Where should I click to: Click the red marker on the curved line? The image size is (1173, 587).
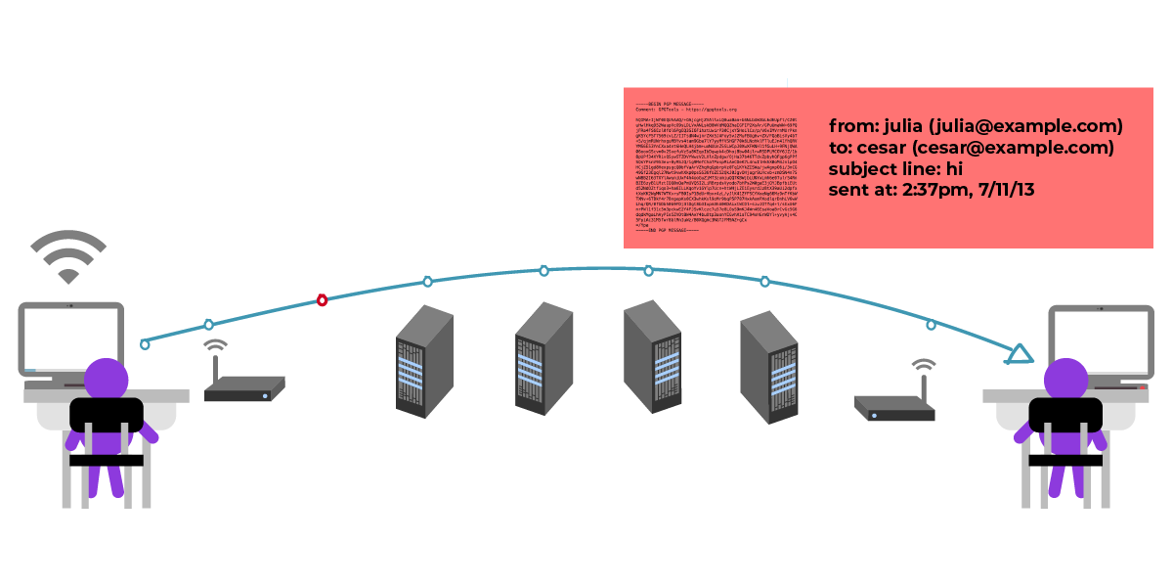322,299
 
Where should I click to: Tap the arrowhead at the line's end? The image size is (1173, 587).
1020,354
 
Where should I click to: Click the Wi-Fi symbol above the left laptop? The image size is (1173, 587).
68,256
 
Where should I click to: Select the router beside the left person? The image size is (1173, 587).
244,389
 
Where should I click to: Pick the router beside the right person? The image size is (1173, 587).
894,407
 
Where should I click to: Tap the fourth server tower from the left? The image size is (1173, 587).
768,366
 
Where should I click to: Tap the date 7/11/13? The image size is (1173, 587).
1006,190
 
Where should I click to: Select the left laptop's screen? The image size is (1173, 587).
70,338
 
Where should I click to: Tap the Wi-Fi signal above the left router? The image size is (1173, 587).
216,347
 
